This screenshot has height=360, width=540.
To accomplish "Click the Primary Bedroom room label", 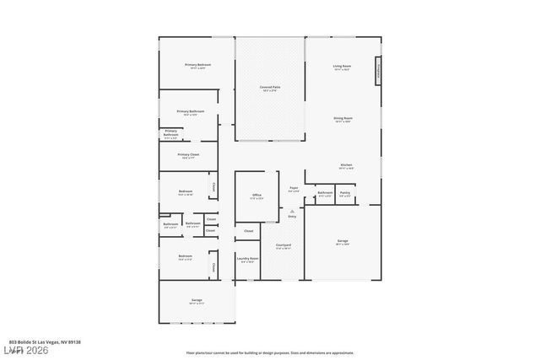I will pos(198,65).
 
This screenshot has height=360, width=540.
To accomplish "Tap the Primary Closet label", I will pos(188,155).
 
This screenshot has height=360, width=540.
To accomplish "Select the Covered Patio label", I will pos(270,88).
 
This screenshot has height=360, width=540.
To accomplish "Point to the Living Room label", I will pos(342,66).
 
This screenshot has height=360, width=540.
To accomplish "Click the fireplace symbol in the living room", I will pos(379,71).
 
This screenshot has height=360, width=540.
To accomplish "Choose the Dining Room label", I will pos(343,119).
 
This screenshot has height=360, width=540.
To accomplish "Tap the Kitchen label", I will pos(346,165).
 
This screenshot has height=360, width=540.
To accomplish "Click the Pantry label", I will pos(345,193).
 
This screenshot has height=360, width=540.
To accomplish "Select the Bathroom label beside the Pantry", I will pos(325,193).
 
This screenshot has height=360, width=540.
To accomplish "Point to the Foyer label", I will pos(294,188).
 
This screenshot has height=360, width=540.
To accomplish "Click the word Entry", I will pos(293,217).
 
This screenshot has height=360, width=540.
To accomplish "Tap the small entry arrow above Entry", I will pos(293,211).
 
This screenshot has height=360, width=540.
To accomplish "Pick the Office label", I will pos(256,196).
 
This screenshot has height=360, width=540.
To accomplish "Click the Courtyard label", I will pos(283,245).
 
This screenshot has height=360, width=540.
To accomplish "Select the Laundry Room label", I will pos(248,259).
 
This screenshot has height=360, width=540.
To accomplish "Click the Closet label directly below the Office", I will pos(248,230).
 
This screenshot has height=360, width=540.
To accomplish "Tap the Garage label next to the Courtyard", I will pos(343,241).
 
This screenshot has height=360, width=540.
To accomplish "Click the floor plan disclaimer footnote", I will pos(270,352).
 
